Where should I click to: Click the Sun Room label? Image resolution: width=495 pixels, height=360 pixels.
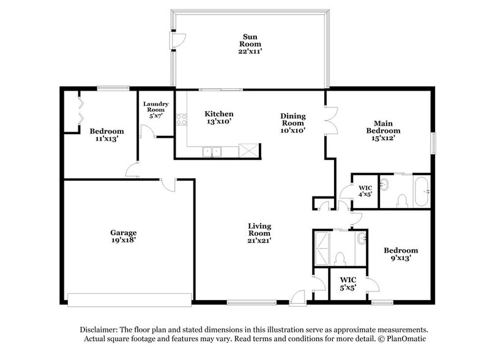pyautogui.click(x=250, y=44)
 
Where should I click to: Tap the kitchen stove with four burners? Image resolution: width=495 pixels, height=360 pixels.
pyautogui.click(x=181, y=120)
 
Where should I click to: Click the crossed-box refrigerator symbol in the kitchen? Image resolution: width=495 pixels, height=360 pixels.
pyautogui.click(x=248, y=151)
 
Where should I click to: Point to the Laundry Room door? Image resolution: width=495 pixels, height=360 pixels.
pyautogui.click(x=147, y=132)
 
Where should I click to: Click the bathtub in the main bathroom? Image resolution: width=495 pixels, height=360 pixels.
pyautogui.click(x=422, y=192)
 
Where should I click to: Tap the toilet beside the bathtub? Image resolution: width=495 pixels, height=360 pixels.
pyautogui.click(x=402, y=200)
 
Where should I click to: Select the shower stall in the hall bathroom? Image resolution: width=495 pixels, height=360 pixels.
pyautogui.click(x=322, y=248)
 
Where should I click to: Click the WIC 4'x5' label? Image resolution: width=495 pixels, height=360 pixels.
pyautogui.click(x=365, y=191)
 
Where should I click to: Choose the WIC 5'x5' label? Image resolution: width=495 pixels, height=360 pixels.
pyautogui.click(x=349, y=283)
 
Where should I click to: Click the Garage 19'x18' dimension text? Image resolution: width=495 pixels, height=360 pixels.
pyautogui.click(x=123, y=241)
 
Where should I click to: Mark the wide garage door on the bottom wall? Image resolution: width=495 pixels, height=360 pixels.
pyautogui.click(x=129, y=299)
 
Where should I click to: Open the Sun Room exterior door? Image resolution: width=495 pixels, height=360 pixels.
pyautogui.click(x=177, y=40)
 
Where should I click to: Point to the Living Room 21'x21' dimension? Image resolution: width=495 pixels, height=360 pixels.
pyautogui.click(x=259, y=241)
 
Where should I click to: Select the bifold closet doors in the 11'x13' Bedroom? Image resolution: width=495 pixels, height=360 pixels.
pyautogui.click(x=78, y=111)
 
